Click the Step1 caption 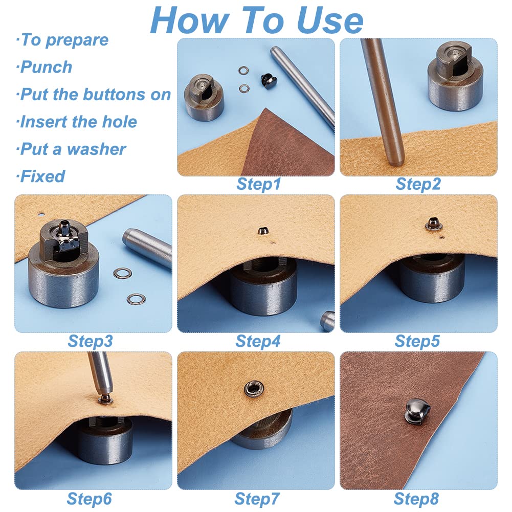pyautogui.click(x=258, y=184)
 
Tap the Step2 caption pyautogui.click(x=418, y=184)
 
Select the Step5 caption pyautogui.click(x=417, y=342)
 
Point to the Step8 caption pyautogui.click(x=416, y=499)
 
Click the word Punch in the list pyautogui.click(x=46, y=68)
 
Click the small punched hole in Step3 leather pyautogui.click(x=41, y=215)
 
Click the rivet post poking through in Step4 pyautogui.click(x=262, y=231)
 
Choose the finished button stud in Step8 pyautogui.click(x=417, y=412)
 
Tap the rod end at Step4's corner pyautogui.click(x=327, y=321)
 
